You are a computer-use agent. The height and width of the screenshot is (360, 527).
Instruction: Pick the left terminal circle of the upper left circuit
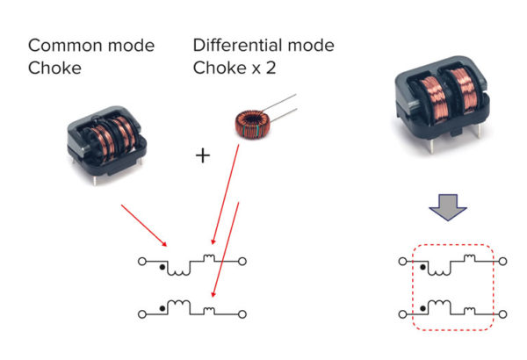click(141, 261)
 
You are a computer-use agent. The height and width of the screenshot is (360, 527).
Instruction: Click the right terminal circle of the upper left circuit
click(242, 261)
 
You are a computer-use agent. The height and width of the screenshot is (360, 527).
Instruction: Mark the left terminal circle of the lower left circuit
click(141, 312)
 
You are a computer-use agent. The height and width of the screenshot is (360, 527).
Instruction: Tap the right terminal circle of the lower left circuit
click(242, 312)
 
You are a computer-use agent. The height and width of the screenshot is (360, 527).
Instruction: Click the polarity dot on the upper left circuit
click(163, 264)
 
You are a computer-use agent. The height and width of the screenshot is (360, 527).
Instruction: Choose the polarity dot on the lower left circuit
click(163, 306)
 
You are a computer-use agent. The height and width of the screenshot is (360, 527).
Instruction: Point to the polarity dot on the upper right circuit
click(422, 264)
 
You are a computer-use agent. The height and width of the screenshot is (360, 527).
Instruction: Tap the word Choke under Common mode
click(51, 68)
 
